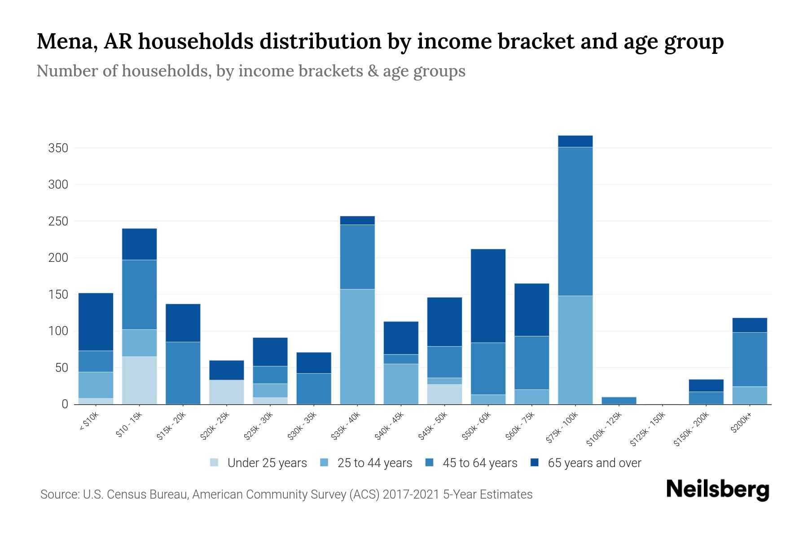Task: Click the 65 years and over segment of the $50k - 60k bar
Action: pyautogui.click(x=488, y=296)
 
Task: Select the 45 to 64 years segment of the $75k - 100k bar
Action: pyautogui.click(x=575, y=221)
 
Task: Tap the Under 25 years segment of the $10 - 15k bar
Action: pyautogui.click(x=139, y=380)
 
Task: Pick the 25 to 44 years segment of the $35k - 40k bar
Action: pyautogui.click(x=357, y=346)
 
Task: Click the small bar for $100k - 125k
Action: pyautogui.click(x=619, y=400)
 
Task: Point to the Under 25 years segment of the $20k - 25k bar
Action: pyautogui.click(x=226, y=392)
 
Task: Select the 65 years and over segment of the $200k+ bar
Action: pyautogui.click(x=750, y=325)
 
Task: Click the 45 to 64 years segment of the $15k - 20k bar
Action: pyautogui.click(x=183, y=373)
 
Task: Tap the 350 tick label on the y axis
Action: pyautogui.click(x=58, y=148)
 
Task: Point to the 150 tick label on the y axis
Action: pyautogui.click(x=58, y=295)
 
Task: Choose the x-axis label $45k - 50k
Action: pyautogui.click(x=433, y=427)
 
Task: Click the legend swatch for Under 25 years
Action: pyautogui.click(x=214, y=462)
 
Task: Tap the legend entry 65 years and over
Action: pyautogui.click(x=594, y=463)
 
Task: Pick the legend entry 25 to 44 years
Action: pyautogui.click(x=374, y=463)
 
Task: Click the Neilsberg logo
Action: pyautogui.click(x=717, y=490)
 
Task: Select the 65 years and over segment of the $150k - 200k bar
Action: pyautogui.click(x=706, y=385)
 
